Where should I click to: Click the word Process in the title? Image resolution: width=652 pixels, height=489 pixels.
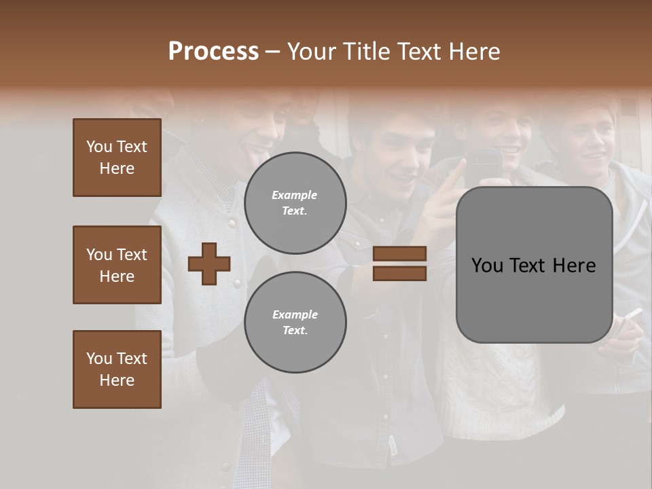coord(213,51)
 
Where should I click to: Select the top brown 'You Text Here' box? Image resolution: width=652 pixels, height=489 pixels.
coord(117,158)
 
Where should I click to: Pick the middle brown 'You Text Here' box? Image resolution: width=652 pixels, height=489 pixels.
coord(117,265)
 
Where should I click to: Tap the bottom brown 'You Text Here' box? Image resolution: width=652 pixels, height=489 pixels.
coord(117,369)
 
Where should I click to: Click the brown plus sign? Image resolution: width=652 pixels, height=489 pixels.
coord(209,264)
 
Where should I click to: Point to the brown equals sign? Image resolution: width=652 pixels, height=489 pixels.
coord(399,264)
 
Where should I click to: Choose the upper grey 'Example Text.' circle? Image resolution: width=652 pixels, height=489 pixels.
coord(295,203)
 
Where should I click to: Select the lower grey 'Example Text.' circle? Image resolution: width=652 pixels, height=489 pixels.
coord(295,322)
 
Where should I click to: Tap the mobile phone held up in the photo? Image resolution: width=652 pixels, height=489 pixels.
coord(483,166)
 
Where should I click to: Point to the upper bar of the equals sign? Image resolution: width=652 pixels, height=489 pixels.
coord(399,254)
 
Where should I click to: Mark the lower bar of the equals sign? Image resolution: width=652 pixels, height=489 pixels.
coord(399,273)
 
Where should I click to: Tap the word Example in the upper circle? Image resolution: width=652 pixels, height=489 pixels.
coord(295,195)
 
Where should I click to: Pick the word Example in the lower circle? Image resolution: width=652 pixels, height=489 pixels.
coord(295,314)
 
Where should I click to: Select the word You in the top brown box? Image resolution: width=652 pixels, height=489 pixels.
coord(99,147)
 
